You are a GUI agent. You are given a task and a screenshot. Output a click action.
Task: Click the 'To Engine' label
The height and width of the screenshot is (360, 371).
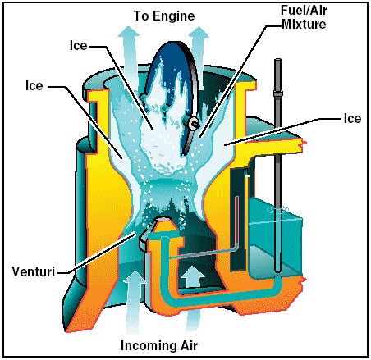pyautogui.click(x=164, y=16)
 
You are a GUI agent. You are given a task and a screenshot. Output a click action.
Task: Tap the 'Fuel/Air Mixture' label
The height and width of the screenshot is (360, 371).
pyautogui.click(x=304, y=17)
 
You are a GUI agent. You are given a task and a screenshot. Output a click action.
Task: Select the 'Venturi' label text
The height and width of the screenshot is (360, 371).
pyautogui.click(x=34, y=271)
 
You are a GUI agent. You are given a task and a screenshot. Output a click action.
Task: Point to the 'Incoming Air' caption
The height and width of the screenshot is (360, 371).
pyautogui.click(x=159, y=345)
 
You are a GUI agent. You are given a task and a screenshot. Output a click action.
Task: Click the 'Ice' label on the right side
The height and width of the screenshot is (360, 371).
pyautogui.click(x=352, y=119)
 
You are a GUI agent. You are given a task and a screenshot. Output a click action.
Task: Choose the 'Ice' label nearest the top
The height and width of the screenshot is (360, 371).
pyautogui.click(x=78, y=45)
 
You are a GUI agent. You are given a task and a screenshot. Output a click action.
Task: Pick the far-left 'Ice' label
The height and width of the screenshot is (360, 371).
pyautogui.click(x=34, y=85)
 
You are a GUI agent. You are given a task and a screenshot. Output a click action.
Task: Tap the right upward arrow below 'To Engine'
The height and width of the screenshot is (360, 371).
pyautogui.click(x=199, y=57)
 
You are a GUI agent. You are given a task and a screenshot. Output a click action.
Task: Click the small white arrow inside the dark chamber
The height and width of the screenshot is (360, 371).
pyautogui.click(x=193, y=276)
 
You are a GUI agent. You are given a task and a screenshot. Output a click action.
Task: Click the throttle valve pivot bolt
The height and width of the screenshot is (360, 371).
pyautogui.click(x=194, y=123)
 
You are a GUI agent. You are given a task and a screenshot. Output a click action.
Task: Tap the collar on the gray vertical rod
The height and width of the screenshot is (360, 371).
pyautogui.click(x=278, y=93)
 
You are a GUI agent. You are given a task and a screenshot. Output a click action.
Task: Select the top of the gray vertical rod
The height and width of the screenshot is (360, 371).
pyautogui.click(x=277, y=60)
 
